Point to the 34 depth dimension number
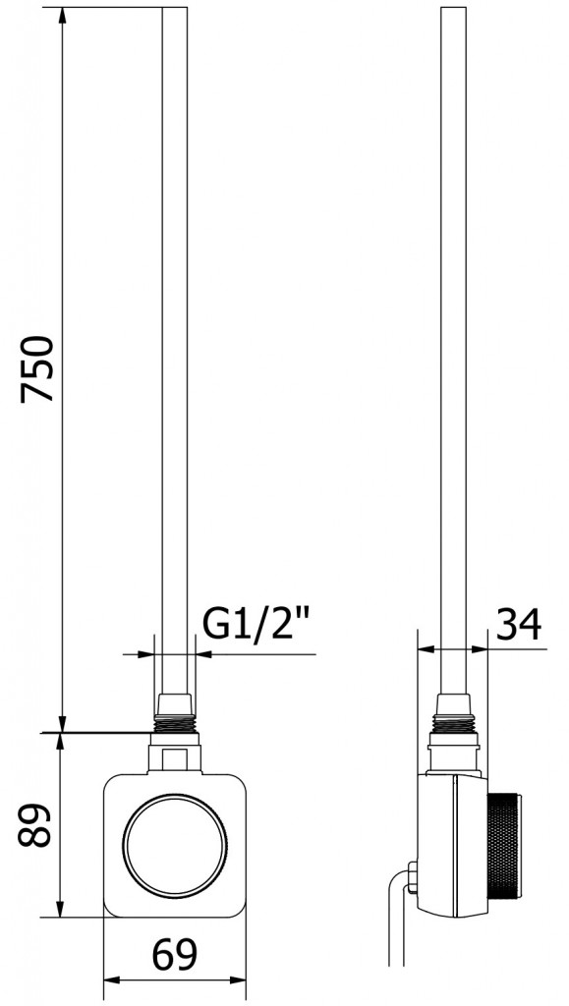pyautogui.click(x=517, y=625)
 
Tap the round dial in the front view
pyautogui.click(x=174, y=845)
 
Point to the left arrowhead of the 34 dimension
pyautogui.click(x=425, y=649)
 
